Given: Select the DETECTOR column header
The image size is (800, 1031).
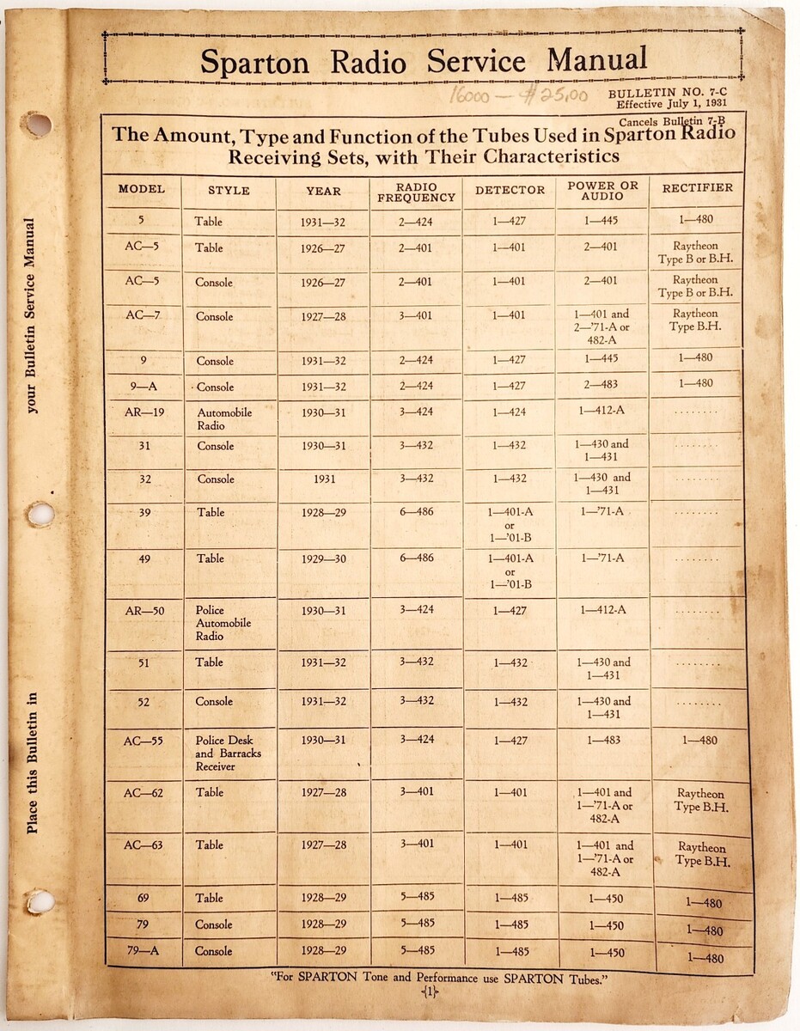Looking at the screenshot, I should [510, 190].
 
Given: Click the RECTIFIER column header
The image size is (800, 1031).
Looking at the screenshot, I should [698, 187].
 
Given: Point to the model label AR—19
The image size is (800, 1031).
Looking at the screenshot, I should [144, 412].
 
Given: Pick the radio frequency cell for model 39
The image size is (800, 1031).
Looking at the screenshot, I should [416, 512].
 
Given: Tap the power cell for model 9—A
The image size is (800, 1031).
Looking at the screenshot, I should [602, 385].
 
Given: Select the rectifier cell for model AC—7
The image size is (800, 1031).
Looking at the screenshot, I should [696, 320].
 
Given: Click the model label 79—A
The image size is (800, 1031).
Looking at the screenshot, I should [144, 951].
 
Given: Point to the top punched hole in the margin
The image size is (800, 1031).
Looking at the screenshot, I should [36, 125].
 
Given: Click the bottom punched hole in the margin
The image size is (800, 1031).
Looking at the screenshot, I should [39, 901].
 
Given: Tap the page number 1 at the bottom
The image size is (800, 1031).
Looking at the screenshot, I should [430, 992].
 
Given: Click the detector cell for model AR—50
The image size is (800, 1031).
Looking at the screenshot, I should [510, 610].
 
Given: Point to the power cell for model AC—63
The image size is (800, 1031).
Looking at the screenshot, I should [604, 858].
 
